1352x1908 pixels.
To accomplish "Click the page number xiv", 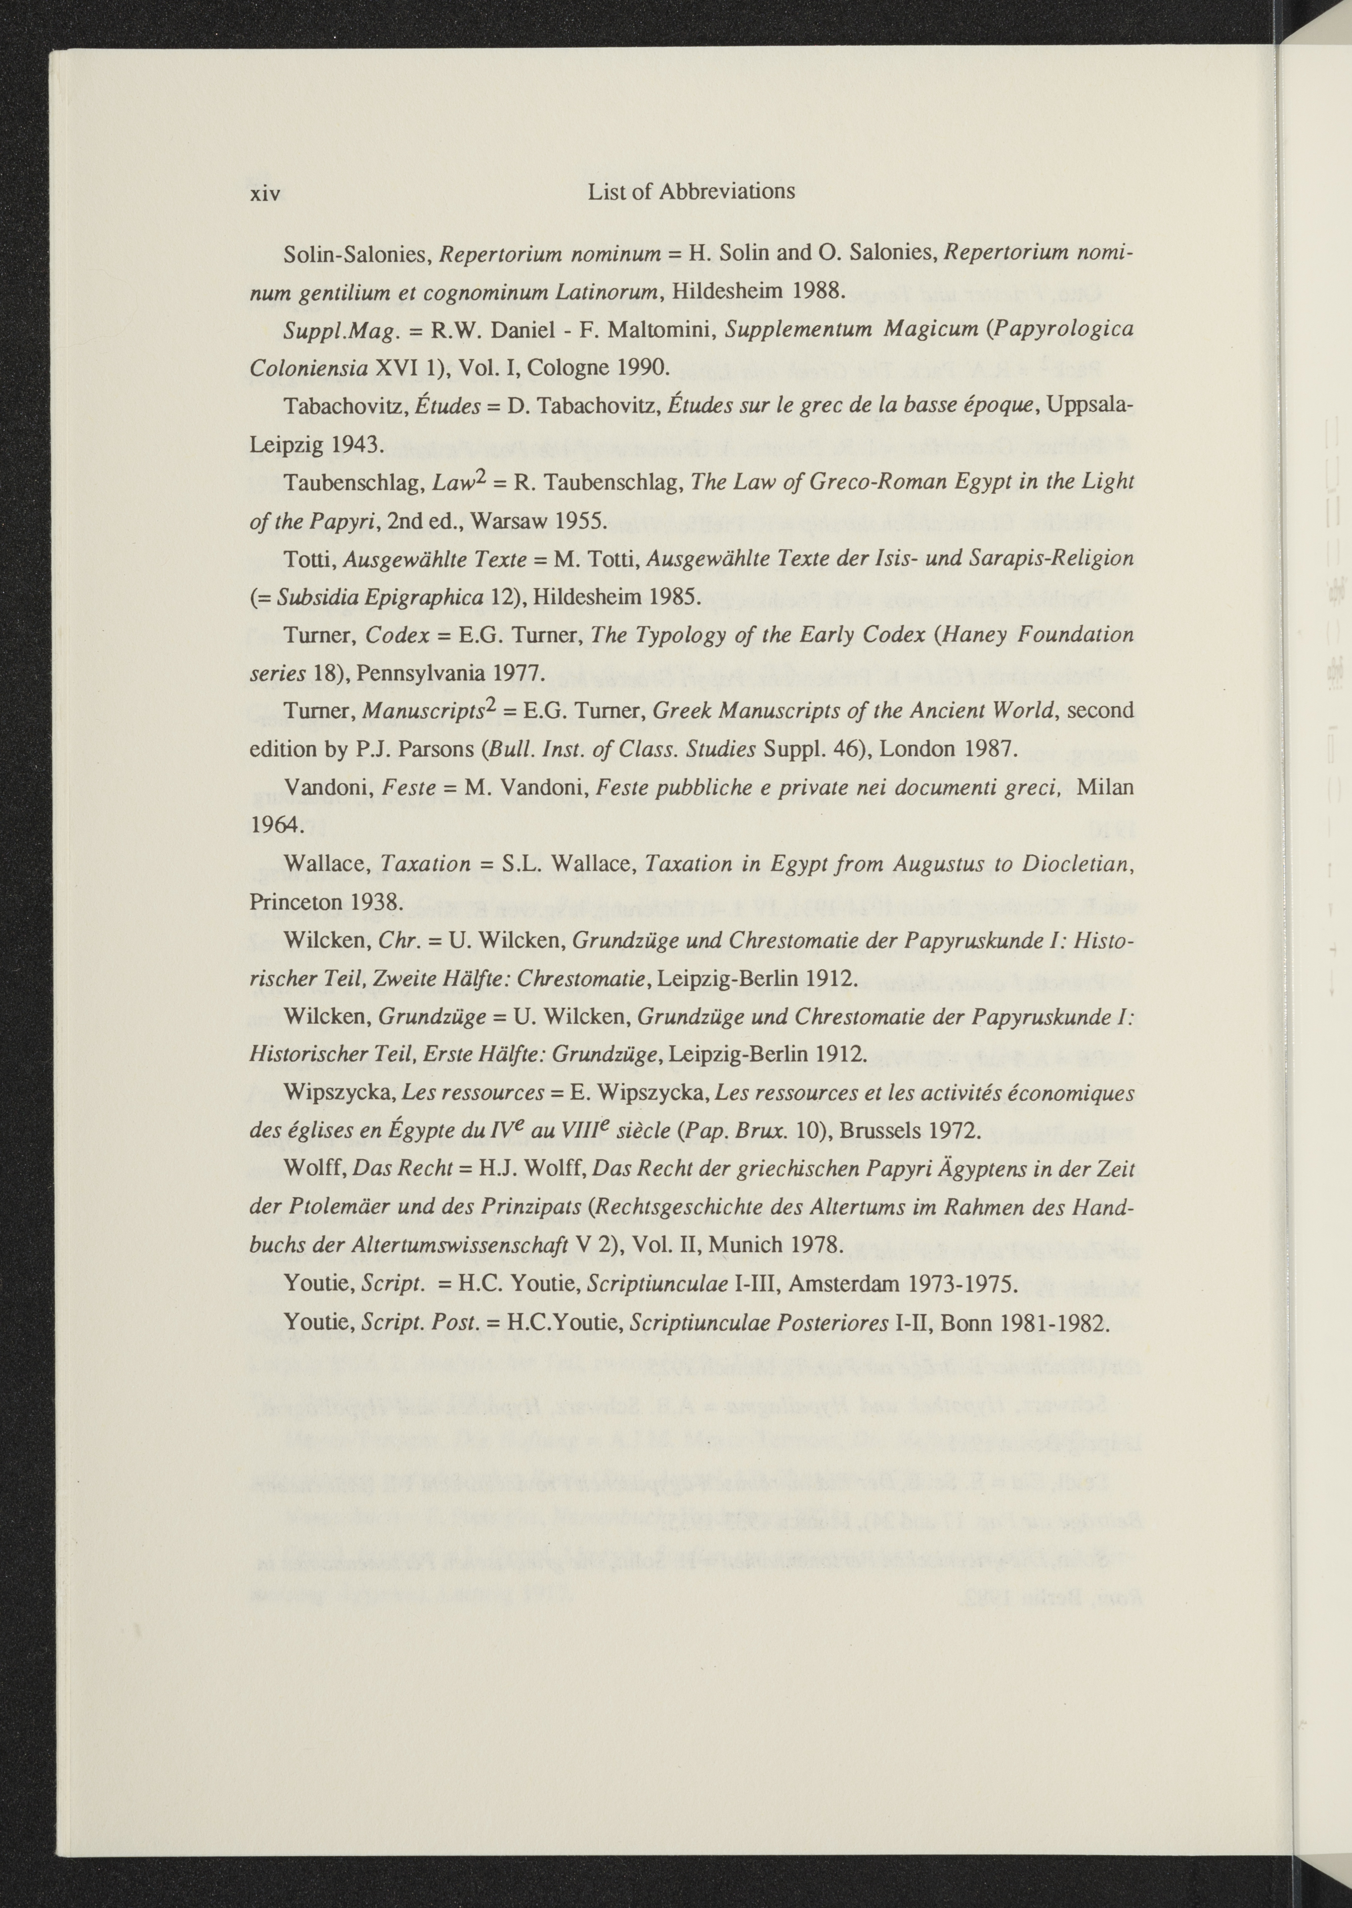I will pyautogui.click(x=265, y=194).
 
